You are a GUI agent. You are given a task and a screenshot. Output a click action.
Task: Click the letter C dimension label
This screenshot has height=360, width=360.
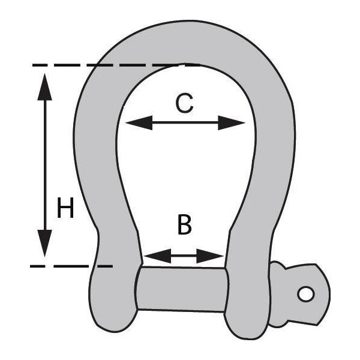click(184, 104)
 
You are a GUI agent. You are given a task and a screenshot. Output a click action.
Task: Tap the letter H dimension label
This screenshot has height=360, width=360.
click(65, 208)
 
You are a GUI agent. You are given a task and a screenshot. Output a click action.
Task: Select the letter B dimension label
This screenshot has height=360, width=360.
click(185, 225)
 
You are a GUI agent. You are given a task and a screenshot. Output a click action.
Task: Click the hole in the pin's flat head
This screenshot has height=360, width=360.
click(306, 294)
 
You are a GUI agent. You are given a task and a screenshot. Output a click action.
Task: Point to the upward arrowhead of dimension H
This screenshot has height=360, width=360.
click(45, 87)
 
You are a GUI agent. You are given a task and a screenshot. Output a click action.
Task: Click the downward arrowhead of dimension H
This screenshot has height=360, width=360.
click(45, 243)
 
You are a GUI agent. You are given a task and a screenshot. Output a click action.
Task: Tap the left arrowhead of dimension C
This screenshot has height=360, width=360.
click(139, 123)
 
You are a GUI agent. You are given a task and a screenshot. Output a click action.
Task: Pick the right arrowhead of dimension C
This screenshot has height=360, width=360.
click(231, 123)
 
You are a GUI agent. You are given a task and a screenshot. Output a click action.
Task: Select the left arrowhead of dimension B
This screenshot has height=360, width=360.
click(157, 256)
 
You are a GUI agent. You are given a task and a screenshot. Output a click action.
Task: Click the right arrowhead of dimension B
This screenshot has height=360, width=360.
click(210, 256)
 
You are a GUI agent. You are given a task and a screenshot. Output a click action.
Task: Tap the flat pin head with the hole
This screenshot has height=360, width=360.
click(305, 295)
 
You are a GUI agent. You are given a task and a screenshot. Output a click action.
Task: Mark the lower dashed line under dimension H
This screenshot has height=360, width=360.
click(71, 266)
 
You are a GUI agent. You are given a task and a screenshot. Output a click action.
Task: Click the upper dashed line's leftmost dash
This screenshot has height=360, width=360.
click(40, 65)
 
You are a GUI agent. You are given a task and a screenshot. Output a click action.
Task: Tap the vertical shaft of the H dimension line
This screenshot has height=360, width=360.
click(45, 165)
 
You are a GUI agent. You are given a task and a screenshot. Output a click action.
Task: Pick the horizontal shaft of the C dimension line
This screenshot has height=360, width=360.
click(185, 123)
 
